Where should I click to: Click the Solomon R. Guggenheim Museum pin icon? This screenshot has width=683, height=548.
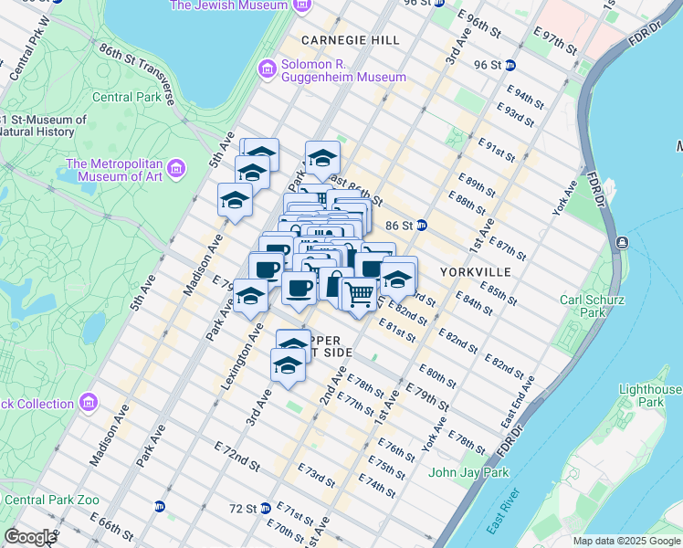click(x=268, y=69)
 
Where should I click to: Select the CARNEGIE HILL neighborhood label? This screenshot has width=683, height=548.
click(x=350, y=41)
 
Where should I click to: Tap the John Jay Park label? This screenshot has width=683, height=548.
click(x=468, y=472)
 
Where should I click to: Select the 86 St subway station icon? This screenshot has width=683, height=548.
click(x=423, y=225)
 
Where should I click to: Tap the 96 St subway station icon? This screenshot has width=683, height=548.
click(x=510, y=65)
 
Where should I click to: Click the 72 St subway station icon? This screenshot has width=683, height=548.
click(x=265, y=508)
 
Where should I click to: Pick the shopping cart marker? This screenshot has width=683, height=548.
click(x=360, y=293)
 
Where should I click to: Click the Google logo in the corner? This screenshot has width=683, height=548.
click(x=30, y=537)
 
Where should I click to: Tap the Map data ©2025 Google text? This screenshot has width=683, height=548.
click(x=625, y=541)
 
